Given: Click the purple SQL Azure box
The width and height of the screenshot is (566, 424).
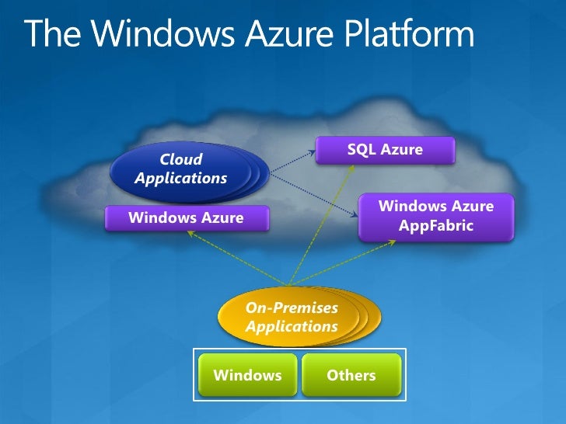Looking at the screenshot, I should (385, 150).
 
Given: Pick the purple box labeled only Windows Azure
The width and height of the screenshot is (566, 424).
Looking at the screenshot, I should (186, 218).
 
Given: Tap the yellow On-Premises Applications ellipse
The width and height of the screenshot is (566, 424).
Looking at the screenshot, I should (292, 317).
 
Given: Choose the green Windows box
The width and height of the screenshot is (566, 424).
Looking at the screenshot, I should (247, 376).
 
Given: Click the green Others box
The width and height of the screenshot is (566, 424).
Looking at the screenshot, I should (351, 376).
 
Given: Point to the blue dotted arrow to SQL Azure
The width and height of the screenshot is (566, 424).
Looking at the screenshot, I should (288, 155).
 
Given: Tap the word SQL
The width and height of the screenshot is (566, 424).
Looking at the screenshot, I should (362, 150).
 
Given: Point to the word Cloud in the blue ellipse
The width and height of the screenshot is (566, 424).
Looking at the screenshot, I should (180, 159).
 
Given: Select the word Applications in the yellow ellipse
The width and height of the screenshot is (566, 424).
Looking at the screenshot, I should (292, 326).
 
